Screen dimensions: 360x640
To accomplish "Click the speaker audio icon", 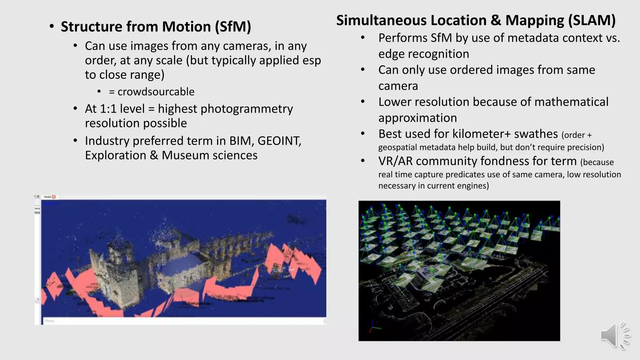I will point(614,335).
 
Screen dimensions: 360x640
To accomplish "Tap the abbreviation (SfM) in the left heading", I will point(233,27).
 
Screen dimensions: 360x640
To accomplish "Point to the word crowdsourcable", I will point(156,92).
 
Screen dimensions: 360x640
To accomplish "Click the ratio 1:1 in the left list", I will point(108,109).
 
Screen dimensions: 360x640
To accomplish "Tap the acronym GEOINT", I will point(279,141).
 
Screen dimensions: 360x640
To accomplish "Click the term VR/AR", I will point(395,161).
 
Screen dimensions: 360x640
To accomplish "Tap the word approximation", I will point(417,118).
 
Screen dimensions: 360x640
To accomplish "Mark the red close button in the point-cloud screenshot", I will point(54,197).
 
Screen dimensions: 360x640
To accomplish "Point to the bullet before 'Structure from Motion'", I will point(52,27).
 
